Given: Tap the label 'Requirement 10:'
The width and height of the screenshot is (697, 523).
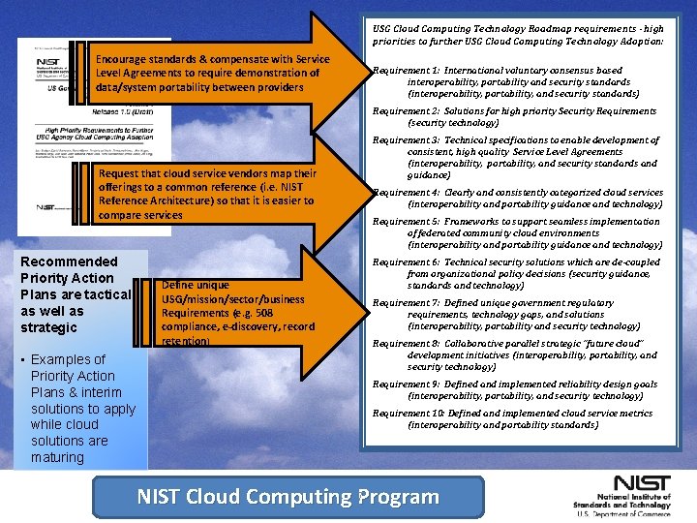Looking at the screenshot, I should coord(408,414).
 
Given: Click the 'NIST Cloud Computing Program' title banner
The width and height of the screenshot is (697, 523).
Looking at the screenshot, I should coord(288,497).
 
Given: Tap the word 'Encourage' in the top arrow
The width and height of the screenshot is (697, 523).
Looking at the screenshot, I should coord(123,60).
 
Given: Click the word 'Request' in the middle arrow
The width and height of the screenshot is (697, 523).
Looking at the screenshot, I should coord(119,173).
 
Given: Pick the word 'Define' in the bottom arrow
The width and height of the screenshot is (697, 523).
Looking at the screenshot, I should coord(182,285).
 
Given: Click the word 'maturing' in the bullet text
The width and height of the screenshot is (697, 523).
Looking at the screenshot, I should coord(57,457).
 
